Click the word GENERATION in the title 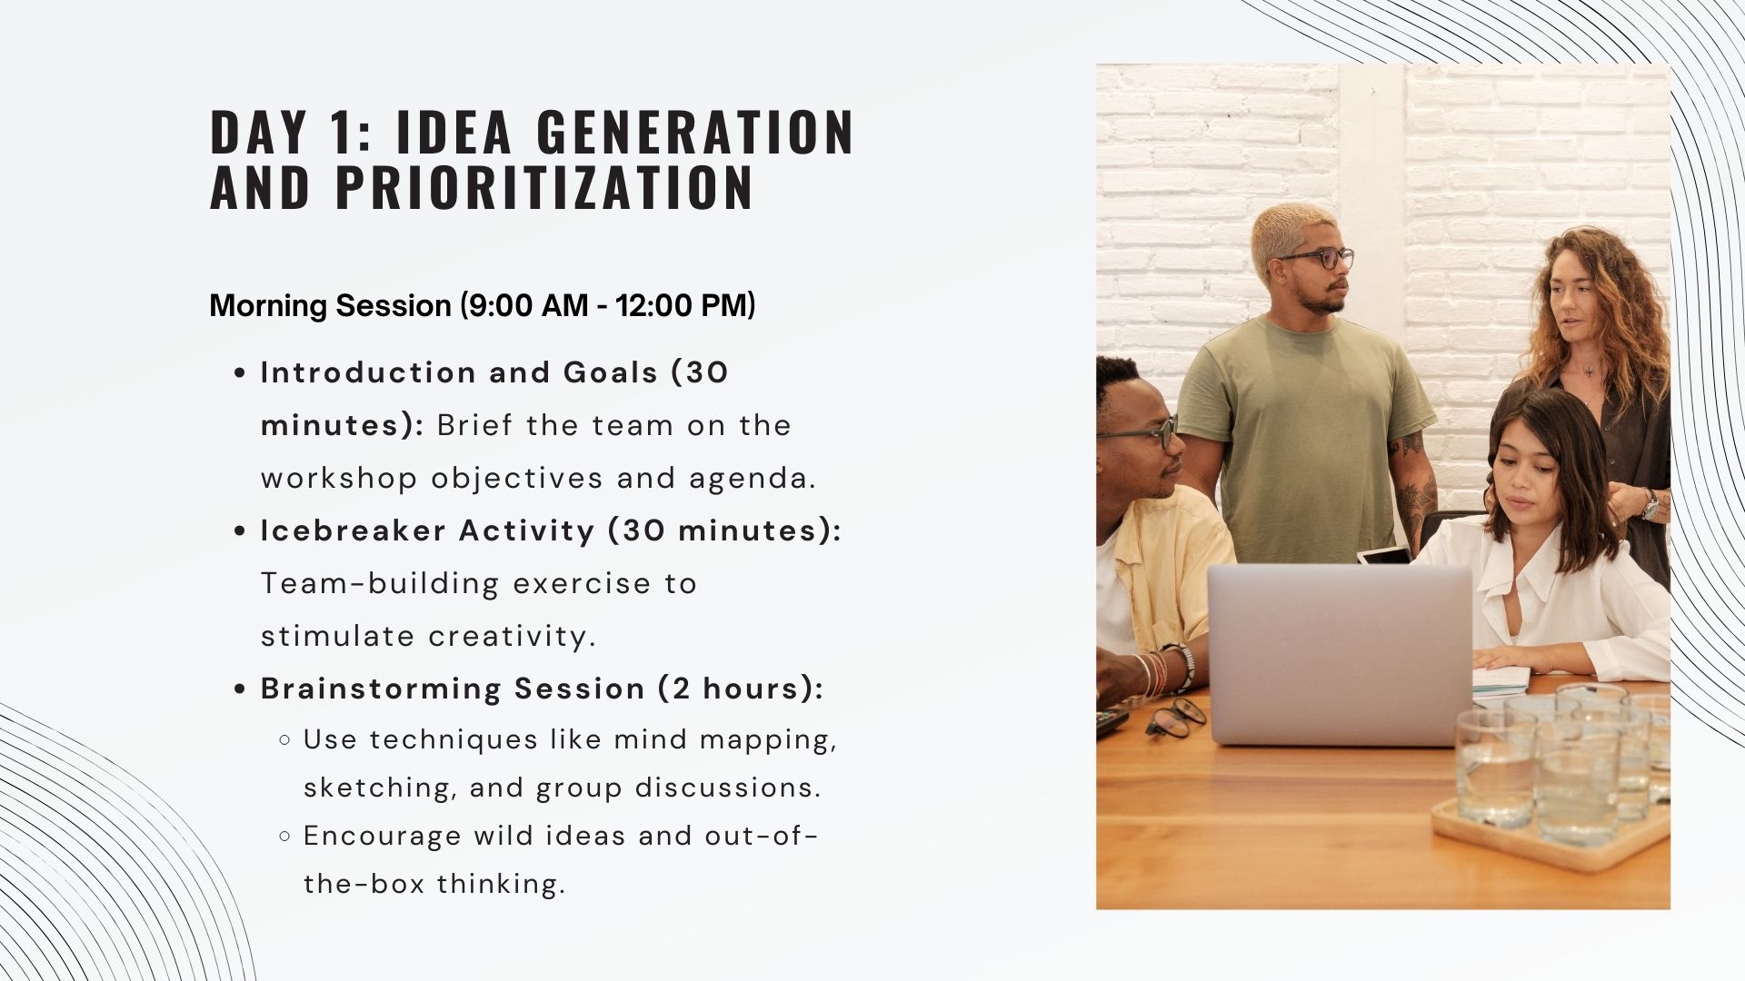click(x=694, y=133)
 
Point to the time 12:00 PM click(x=681, y=306)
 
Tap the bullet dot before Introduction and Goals click(x=241, y=373)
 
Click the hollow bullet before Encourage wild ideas click(x=285, y=836)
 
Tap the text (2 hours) click(x=741, y=689)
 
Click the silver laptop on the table click(x=1341, y=654)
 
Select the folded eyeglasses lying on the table click(x=1175, y=718)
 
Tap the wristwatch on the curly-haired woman click(x=1650, y=505)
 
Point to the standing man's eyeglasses click(x=1316, y=259)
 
